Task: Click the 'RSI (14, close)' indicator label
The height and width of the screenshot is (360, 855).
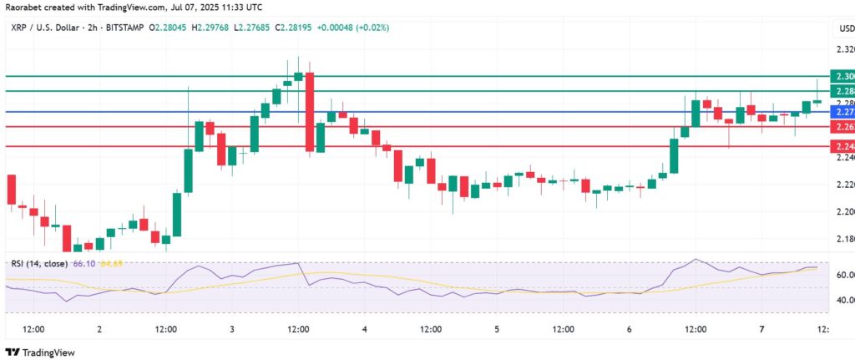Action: pos(39,264)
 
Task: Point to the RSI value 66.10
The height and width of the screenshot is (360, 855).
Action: pos(85,264)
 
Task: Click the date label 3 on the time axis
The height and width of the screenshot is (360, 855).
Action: pos(231,330)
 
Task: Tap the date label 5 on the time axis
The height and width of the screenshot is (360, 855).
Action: pos(497,330)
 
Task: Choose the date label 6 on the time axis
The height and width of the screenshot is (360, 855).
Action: pos(629,330)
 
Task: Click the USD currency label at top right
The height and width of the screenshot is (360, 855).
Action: pos(845,29)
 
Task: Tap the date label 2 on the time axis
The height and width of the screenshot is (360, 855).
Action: pos(99,330)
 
